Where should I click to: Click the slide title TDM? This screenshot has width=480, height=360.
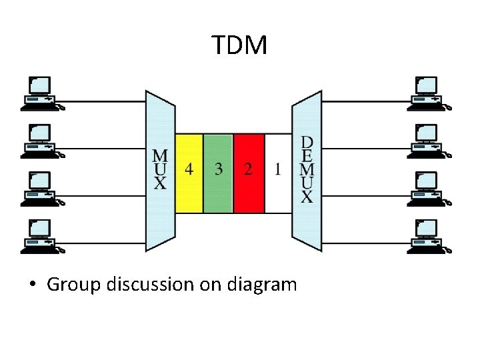click(x=240, y=45)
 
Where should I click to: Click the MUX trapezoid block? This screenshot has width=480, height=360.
click(x=160, y=171)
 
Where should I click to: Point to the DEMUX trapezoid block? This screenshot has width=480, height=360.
click(x=307, y=171)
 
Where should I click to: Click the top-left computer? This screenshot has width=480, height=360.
click(x=41, y=93)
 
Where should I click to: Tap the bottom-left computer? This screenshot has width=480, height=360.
click(x=41, y=237)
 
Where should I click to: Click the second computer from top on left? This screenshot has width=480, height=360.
click(x=41, y=141)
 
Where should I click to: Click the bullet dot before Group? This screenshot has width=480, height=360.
click(x=32, y=285)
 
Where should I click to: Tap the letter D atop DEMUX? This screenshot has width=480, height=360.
click(x=307, y=142)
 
